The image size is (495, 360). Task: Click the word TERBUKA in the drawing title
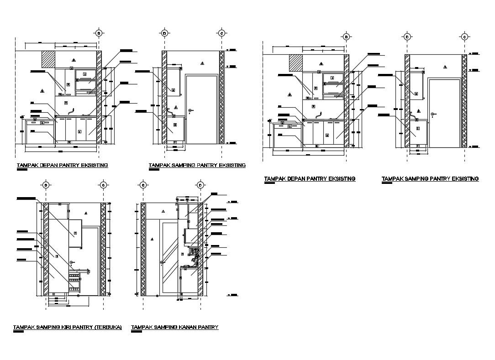(108, 328)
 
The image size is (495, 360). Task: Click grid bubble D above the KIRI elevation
(46, 185)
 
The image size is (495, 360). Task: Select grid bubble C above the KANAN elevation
(143, 185)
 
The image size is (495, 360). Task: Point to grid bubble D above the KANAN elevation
(200, 185)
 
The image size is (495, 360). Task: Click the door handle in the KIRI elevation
(72, 262)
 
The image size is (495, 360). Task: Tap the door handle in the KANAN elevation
(162, 262)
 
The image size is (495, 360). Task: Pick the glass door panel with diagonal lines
(169, 258)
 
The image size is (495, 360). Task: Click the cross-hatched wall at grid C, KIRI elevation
(103, 249)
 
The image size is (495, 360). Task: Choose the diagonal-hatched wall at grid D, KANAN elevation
(200, 249)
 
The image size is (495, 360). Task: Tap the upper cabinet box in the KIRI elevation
(74, 233)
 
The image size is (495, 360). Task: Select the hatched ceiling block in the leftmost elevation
(48, 59)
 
